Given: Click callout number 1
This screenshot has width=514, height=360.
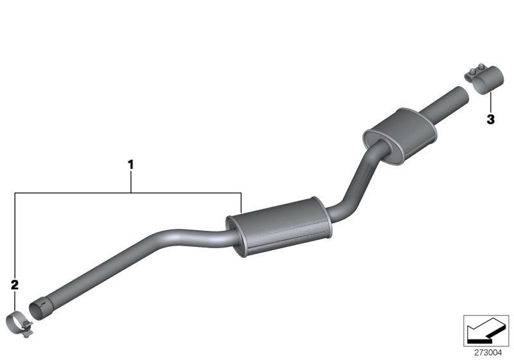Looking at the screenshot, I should coord(130,165).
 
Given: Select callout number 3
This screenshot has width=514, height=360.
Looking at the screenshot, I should coord(490,119).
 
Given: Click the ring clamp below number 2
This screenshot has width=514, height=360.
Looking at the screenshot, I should coord(24,319).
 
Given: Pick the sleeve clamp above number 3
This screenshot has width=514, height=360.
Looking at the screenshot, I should coord(484,84).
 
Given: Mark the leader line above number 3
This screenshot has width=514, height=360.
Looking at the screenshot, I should coord(490,103).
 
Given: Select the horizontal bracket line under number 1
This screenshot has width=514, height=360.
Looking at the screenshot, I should coord(128,192).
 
